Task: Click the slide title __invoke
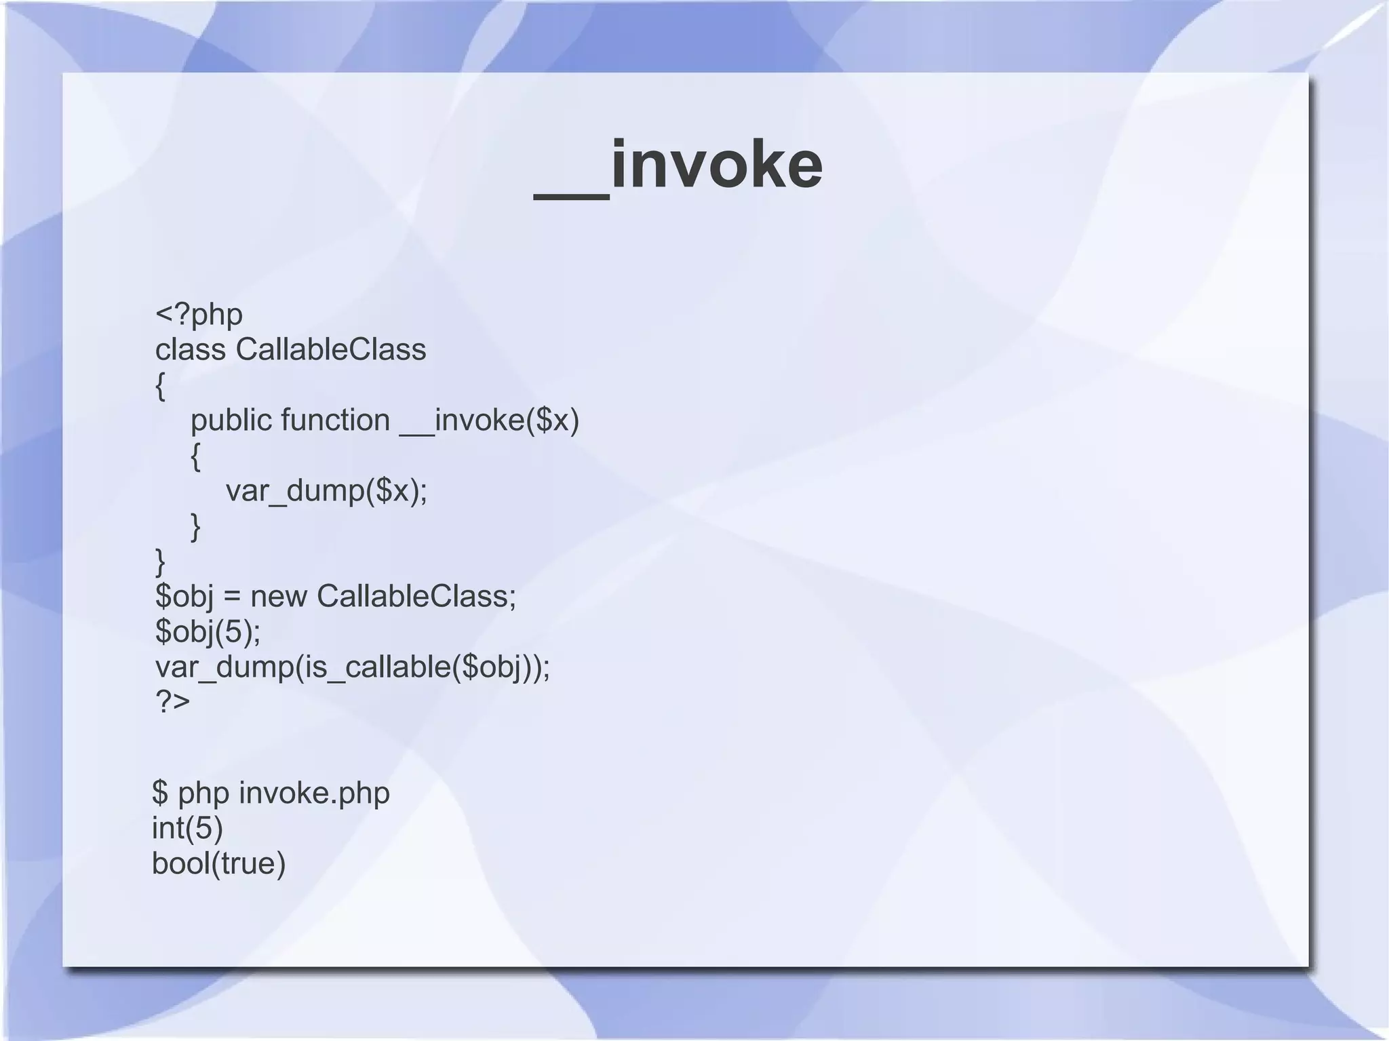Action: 678,165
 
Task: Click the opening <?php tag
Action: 199,315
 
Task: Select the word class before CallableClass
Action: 190,350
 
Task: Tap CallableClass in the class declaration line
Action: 331,350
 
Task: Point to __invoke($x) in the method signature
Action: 490,420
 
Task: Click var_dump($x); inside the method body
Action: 326,491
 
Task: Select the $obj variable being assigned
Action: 184,597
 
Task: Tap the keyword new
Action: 278,597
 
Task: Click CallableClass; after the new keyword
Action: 416,597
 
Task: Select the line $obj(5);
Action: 208,632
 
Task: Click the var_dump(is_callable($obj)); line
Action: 353,667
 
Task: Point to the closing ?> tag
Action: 172,701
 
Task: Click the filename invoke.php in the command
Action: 314,793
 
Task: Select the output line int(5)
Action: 187,828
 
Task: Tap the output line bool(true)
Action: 218,863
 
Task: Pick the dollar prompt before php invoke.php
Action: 160,793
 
